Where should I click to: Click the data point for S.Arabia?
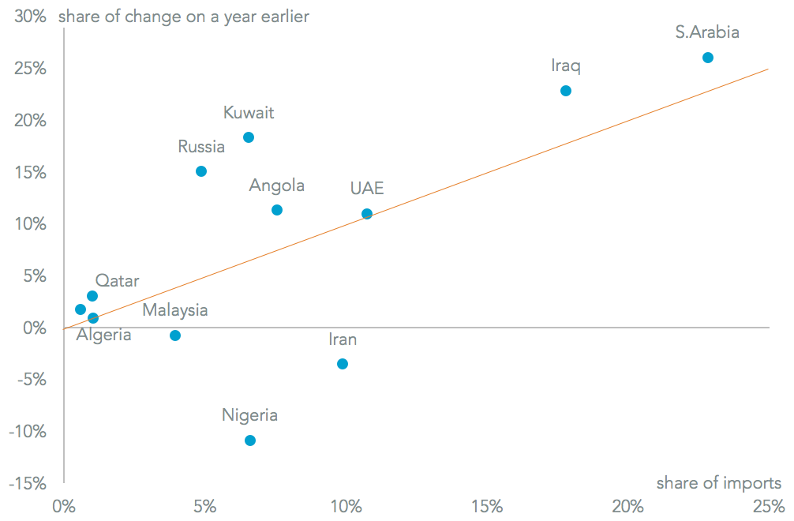708,58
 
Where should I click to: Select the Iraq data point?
566,91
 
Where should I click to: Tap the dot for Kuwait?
249,137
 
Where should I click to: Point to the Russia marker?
201,171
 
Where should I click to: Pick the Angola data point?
277,210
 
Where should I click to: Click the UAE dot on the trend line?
367,214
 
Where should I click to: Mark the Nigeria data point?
250,440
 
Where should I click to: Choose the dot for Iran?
343,364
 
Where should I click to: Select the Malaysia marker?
175,335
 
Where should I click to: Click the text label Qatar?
117,280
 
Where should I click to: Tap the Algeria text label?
103,335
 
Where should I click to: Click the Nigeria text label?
249,415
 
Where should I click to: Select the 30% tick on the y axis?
30,17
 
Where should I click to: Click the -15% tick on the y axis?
27,483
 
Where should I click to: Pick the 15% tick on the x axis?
487,506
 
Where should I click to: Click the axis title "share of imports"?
718,482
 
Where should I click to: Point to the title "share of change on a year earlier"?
183,17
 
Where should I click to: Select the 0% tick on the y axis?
35,328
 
